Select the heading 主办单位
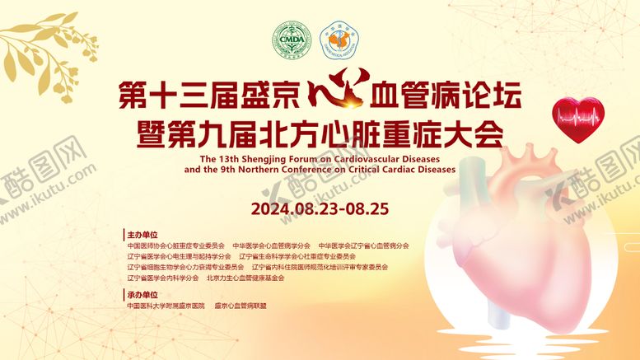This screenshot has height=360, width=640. [x=142, y=235]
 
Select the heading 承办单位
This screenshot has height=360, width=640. [x=142, y=294]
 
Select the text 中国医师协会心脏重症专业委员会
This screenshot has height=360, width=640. [x=175, y=245]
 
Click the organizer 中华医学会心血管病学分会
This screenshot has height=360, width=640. [x=271, y=245]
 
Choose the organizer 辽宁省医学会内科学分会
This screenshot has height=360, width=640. [x=162, y=278]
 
